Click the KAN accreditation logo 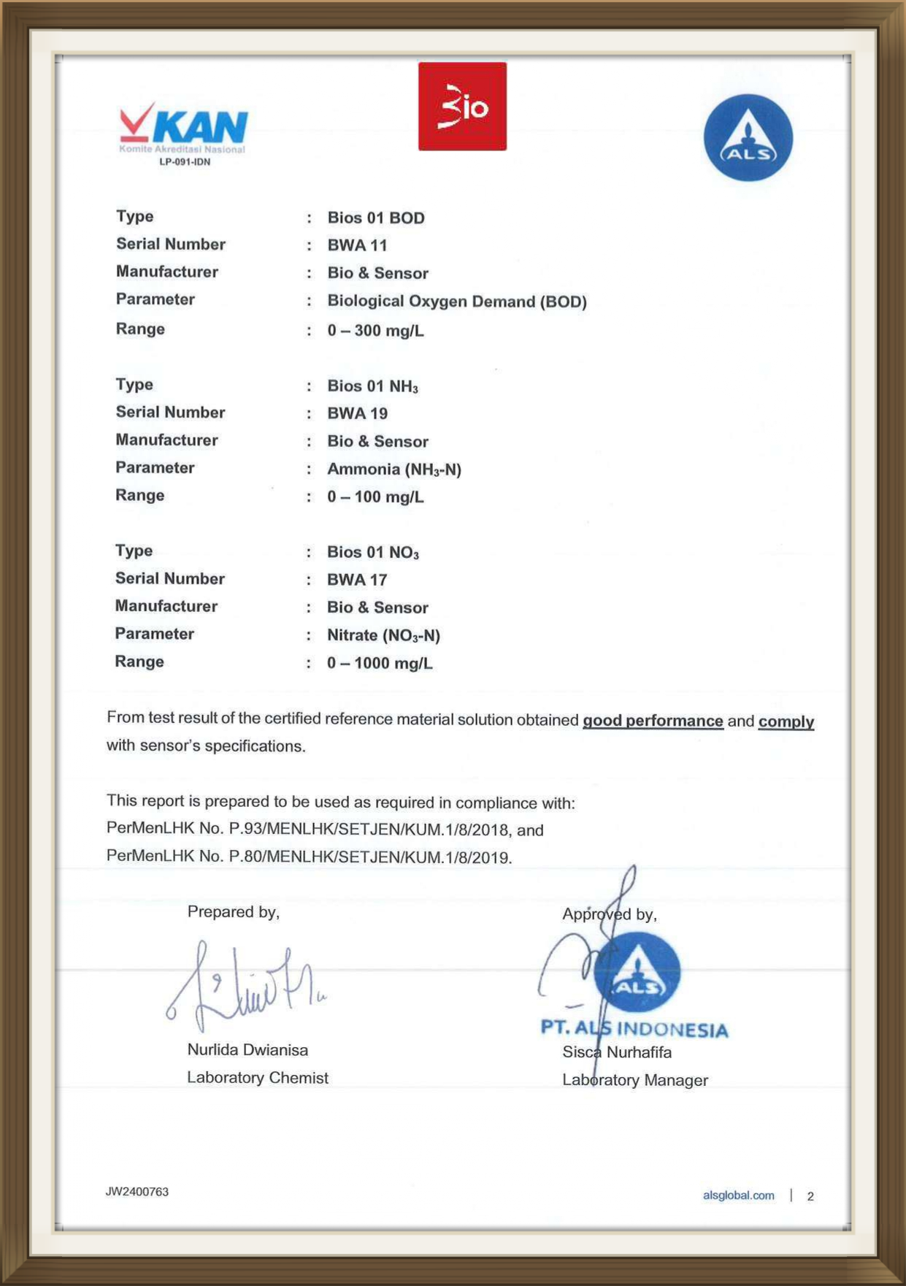183,129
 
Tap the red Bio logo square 462,107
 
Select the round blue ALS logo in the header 748,137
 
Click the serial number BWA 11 357,245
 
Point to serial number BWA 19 357,413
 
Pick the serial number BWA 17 357,580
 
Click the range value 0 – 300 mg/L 375,331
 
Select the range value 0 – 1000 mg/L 380,663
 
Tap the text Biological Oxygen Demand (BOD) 457,302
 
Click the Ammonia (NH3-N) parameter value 394,470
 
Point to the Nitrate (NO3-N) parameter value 383,635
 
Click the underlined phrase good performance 653,721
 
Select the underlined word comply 786,722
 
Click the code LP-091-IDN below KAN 185,162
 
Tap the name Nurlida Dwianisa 247,1049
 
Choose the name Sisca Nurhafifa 617,1052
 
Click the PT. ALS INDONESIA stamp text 634,1029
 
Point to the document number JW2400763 137,1192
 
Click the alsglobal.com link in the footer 738,1195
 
